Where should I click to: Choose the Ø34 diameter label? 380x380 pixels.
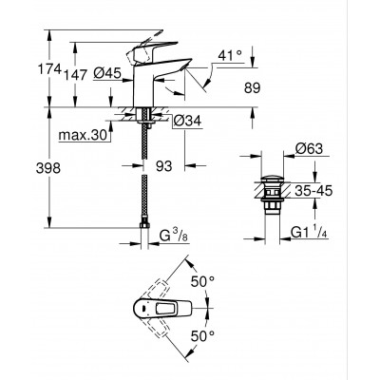click(186, 121)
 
